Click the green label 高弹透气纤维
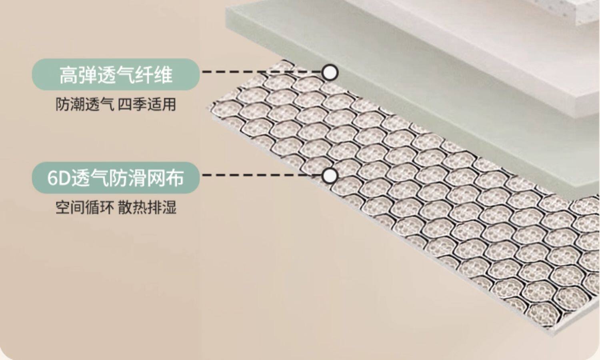coord(115,74)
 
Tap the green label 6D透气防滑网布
coord(115,178)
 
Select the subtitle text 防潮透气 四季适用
coord(116,104)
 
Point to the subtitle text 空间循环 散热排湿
coord(116,207)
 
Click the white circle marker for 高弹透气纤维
coord(330,72)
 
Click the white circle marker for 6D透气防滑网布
coord(330,176)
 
